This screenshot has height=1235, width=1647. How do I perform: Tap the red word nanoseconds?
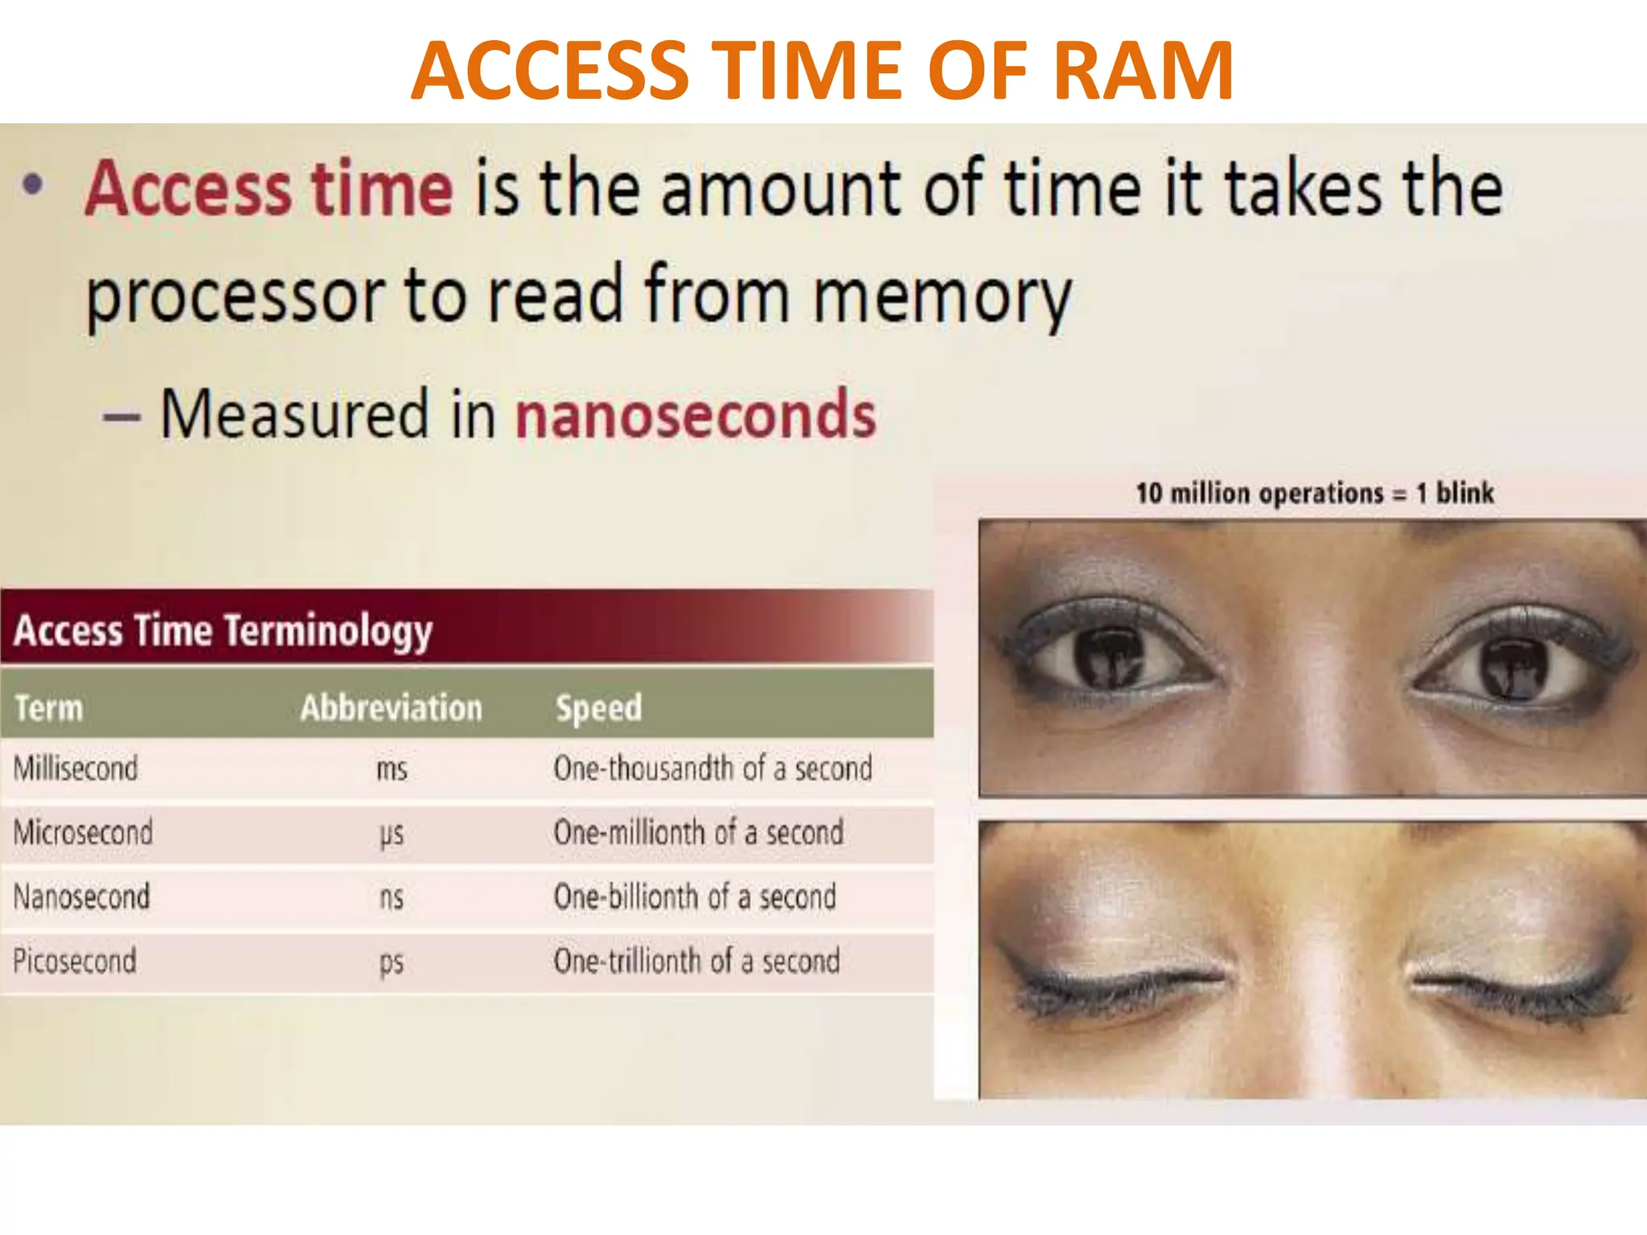tap(695, 415)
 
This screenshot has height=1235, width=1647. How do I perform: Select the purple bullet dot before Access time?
tap(32, 187)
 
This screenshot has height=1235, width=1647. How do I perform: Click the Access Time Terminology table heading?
tap(223, 630)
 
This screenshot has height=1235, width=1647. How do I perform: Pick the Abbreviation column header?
tap(391, 708)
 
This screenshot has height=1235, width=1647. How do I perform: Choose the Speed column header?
tap(598, 708)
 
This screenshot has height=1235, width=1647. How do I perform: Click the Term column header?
tap(49, 708)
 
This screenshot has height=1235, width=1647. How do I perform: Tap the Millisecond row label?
tap(76, 769)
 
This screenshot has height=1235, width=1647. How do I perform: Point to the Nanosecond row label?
tap(81, 897)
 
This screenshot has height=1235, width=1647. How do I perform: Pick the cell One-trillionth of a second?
tap(696, 961)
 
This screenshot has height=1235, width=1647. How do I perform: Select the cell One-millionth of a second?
tap(698, 832)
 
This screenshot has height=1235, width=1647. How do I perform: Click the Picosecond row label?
tap(75, 961)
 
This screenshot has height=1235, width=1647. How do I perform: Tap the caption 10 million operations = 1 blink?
tap(1314, 493)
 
